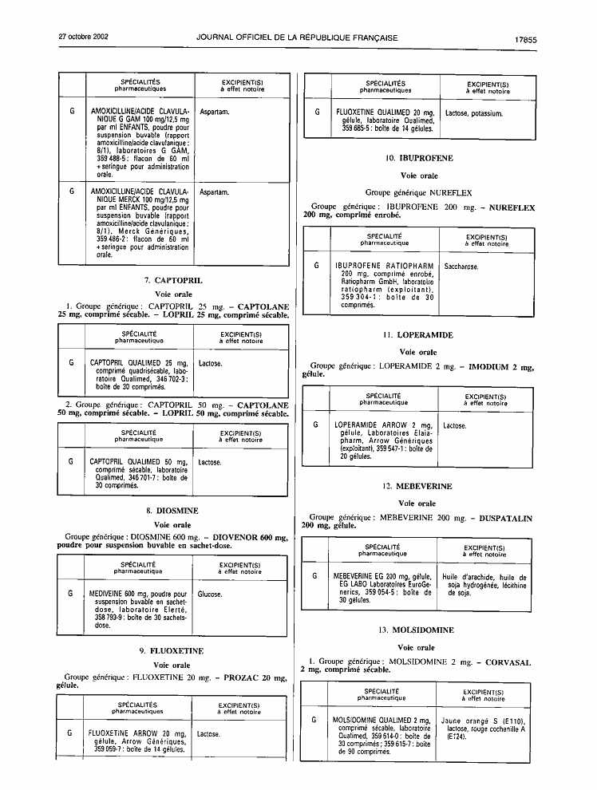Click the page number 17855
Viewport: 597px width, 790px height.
click(x=525, y=40)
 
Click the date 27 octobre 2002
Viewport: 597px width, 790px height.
click(x=84, y=37)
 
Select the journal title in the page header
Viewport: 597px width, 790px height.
click(x=297, y=38)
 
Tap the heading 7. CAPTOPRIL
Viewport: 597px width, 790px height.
click(x=173, y=281)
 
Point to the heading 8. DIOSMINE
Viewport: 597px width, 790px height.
click(x=172, y=511)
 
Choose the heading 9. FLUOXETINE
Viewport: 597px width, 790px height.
click(x=172, y=651)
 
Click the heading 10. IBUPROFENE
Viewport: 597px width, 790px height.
click(x=419, y=158)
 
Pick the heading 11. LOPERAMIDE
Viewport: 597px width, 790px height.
click(x=418, y=335)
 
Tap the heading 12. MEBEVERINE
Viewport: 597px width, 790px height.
click(x=417, y=486)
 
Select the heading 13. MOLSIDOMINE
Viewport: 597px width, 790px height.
click(x=416, y=630)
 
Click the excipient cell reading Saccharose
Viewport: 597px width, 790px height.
click(x=461, y=267)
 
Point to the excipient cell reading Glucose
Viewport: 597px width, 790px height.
click(x=210, y=594)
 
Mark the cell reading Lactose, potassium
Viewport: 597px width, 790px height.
click(x=473, y=114)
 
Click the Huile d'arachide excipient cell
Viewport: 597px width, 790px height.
click(x=484, y=586)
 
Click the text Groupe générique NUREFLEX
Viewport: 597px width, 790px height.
click(x=419, y=192)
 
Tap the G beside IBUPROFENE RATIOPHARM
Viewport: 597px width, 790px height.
click(x=316, y=266)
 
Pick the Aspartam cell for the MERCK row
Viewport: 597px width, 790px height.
click(x=214, y=192)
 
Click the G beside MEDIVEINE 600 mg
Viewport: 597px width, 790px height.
click(x=70, y=594)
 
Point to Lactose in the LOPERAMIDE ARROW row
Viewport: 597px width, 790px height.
click(x=454, y=426)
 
